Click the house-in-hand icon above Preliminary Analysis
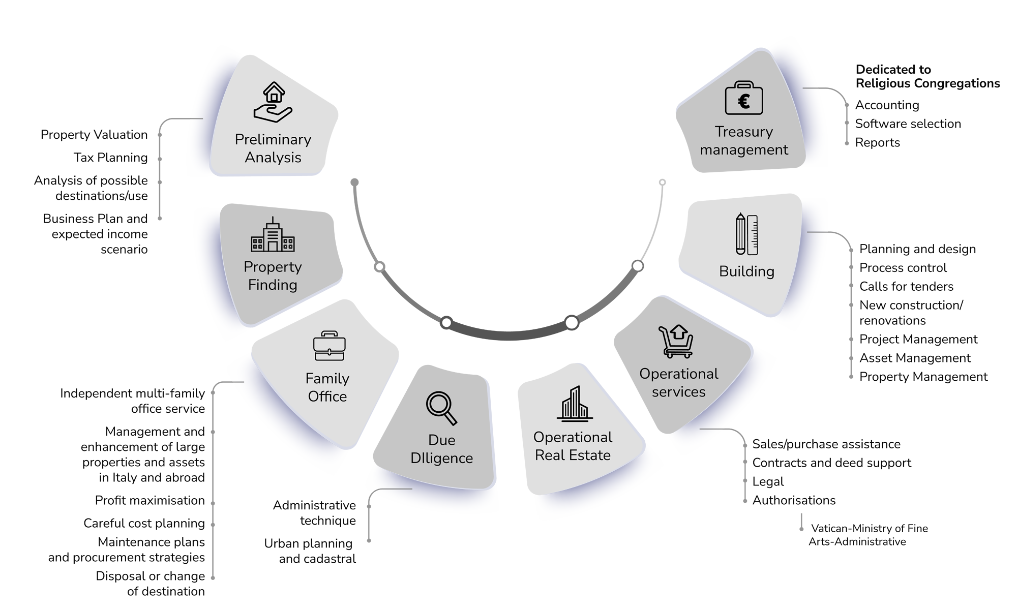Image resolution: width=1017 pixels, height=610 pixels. click(x=273, y=102)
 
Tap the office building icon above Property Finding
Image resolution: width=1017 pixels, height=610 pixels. click(x=273, y=235)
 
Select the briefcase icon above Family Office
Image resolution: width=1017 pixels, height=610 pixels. click(x=329, y=346)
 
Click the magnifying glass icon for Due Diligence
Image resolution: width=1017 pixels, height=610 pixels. click(x=441, y=408)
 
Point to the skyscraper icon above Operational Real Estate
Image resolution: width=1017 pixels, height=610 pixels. click(x=575, y=404)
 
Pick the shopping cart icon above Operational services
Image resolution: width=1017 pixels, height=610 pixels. click(x=676, y=341)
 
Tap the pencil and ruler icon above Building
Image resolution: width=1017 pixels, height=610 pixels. click(x=746, y=234)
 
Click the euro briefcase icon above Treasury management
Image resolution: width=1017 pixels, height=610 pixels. click(x=744, y=98)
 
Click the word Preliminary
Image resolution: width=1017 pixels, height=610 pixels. click(x=273, y=139)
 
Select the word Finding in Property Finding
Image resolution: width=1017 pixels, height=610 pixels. click(x=273, y=285)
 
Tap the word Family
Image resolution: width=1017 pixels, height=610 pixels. click(x=327, y=379)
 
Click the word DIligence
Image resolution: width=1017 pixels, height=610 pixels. click(x=442, y=458)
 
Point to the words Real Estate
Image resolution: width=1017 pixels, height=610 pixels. click(x=573, y=455)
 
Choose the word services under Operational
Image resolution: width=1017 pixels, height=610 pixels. click(x=679, y=392)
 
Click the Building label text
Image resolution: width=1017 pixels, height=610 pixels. click(x=746, y=271)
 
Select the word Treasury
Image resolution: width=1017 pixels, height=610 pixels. click(x=744, y=132)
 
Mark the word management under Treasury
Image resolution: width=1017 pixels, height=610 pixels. click(x=744, y=150)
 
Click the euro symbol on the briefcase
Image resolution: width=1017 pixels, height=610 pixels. click(x=744, y=102)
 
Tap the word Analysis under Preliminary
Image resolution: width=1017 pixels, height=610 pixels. click(x=273, y=158)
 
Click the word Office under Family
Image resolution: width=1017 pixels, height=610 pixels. click(x=327, y=396)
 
